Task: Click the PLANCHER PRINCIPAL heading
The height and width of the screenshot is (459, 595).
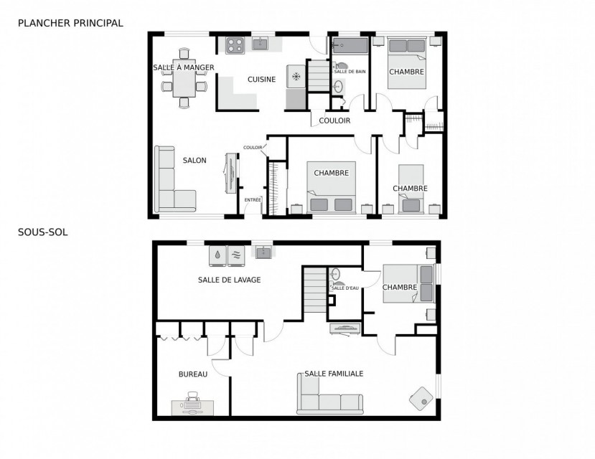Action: (70, 23)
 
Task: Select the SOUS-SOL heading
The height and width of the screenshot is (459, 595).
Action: (43, 232)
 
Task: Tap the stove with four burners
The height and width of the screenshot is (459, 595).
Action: (235, 45)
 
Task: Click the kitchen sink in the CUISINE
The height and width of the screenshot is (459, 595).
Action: (261, 43)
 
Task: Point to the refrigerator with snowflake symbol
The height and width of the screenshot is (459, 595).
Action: (296, 77)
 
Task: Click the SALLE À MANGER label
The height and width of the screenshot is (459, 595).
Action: (184, 67)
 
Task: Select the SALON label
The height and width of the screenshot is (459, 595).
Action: (195, 161)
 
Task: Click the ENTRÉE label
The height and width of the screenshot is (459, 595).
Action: (253, 200)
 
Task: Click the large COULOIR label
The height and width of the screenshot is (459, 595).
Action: (334, 120)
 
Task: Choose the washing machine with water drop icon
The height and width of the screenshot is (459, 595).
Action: (217, 254)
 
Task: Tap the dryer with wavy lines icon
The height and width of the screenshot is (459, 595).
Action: (236, 254)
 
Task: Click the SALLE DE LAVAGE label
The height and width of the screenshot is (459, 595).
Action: (230, 280)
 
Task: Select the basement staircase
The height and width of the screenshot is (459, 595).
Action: (315, 290)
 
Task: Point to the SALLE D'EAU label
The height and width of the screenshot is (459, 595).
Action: (345, 288)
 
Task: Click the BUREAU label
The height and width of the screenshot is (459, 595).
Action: (193, 374)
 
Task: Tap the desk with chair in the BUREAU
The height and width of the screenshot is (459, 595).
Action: (193, 404)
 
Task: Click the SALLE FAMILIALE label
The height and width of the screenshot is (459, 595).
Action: (334, 374)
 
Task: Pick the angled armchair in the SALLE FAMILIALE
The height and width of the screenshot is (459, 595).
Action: (421, 398)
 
